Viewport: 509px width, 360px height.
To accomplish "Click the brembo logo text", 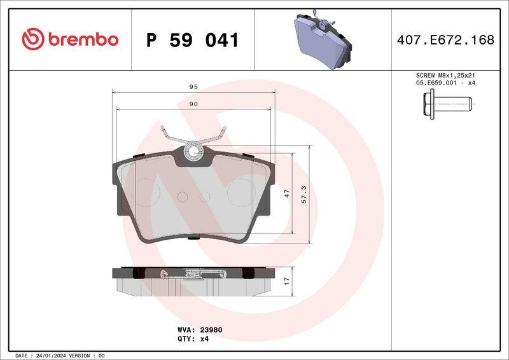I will coord(81,39).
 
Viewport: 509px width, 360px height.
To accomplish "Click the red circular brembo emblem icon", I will coord(32,39).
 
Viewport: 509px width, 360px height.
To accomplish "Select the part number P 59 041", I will coord(192,40).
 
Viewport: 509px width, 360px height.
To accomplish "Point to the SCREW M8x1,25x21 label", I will coord(445,75).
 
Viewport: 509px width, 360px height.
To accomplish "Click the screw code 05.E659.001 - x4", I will coord(445,83).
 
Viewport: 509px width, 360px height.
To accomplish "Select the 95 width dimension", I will coord(193,87).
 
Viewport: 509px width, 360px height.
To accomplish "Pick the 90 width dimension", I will coord(193,104).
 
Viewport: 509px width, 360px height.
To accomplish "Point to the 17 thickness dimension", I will coord(286,279).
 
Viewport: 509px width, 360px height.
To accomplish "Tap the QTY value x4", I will coord(204,339).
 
